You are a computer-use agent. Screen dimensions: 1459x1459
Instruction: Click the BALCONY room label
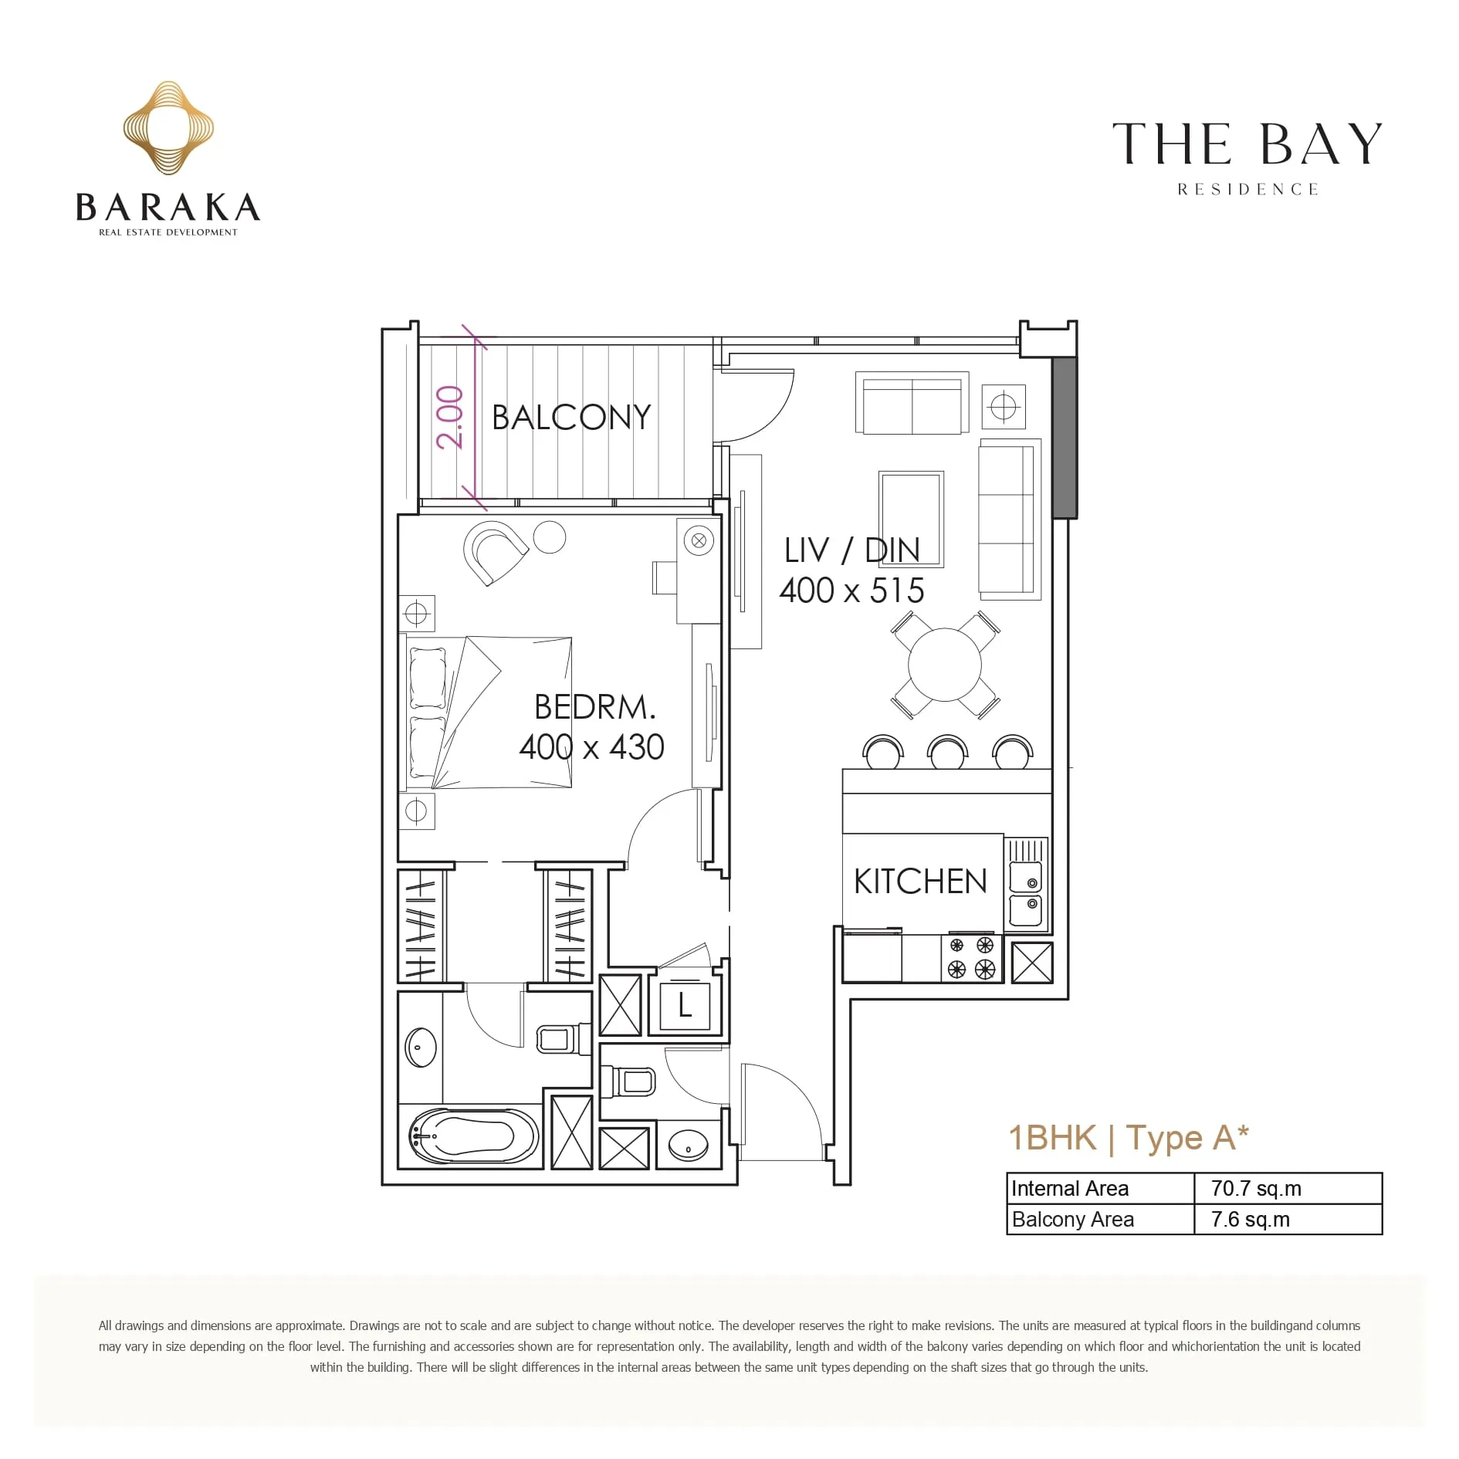tap(571, 417)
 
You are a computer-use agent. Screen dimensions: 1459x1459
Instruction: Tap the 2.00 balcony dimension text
tap(449, 418)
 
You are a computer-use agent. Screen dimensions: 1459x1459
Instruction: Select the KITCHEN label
tap(920, 882)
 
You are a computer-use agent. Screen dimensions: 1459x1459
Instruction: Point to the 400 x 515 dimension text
tap(851, 591)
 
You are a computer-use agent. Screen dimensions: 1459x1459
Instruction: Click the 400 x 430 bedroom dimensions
tap(591, 747)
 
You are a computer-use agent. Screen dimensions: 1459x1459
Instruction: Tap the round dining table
tap(945, 665)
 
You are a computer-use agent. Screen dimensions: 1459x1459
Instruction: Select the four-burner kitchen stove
tap(971, 958)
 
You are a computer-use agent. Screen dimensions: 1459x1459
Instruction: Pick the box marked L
tap(685, 1006)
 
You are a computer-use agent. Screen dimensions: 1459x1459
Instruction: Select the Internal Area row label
tap(1070, 1189)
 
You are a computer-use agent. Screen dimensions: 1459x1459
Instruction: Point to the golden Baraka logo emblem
tap(168, 128)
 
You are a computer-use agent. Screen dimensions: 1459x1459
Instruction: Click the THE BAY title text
tap(1247, 144)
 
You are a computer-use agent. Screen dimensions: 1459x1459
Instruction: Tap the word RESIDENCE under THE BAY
tap(1247, 190)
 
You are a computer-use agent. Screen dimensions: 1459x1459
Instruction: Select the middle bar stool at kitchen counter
tap(947, 753)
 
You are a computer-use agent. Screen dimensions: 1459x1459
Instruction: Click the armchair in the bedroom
tap(494, 551)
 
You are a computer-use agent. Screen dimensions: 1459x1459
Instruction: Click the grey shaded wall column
tap(1065, 437)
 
